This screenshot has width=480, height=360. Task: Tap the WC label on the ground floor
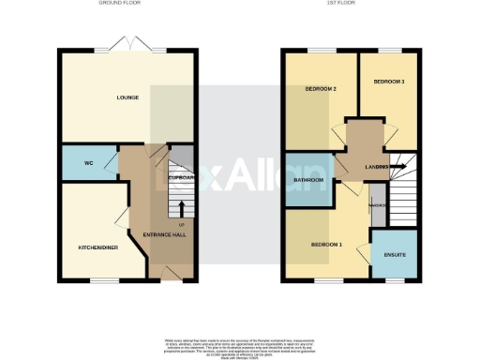pos(88,163)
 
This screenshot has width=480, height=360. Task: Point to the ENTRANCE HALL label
pos(162,234)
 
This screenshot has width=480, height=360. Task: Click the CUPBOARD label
pos(181,176)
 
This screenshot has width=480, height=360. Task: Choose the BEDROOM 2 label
pos(320,89)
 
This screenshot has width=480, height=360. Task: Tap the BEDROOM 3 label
pos(389,82)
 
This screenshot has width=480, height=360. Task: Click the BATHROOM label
pos(307,179)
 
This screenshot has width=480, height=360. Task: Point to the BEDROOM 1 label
pos(326,244)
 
